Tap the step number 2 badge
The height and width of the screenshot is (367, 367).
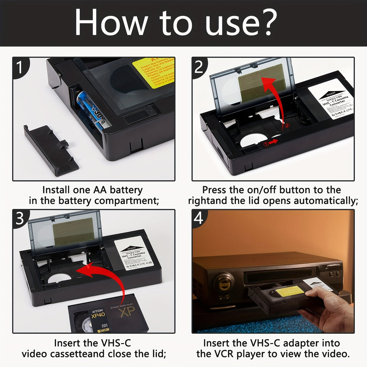tap(200, 67)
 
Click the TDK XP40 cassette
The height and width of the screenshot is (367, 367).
tap(108, 315)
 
